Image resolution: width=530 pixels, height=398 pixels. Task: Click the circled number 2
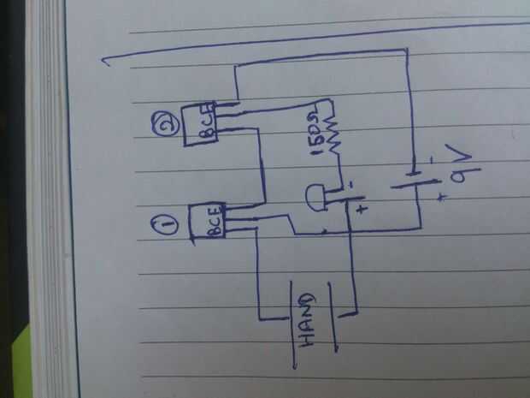pyautogui.click(x=167, y=125)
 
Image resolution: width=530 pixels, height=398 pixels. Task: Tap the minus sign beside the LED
pyautogui.click(x=350, y=185)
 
